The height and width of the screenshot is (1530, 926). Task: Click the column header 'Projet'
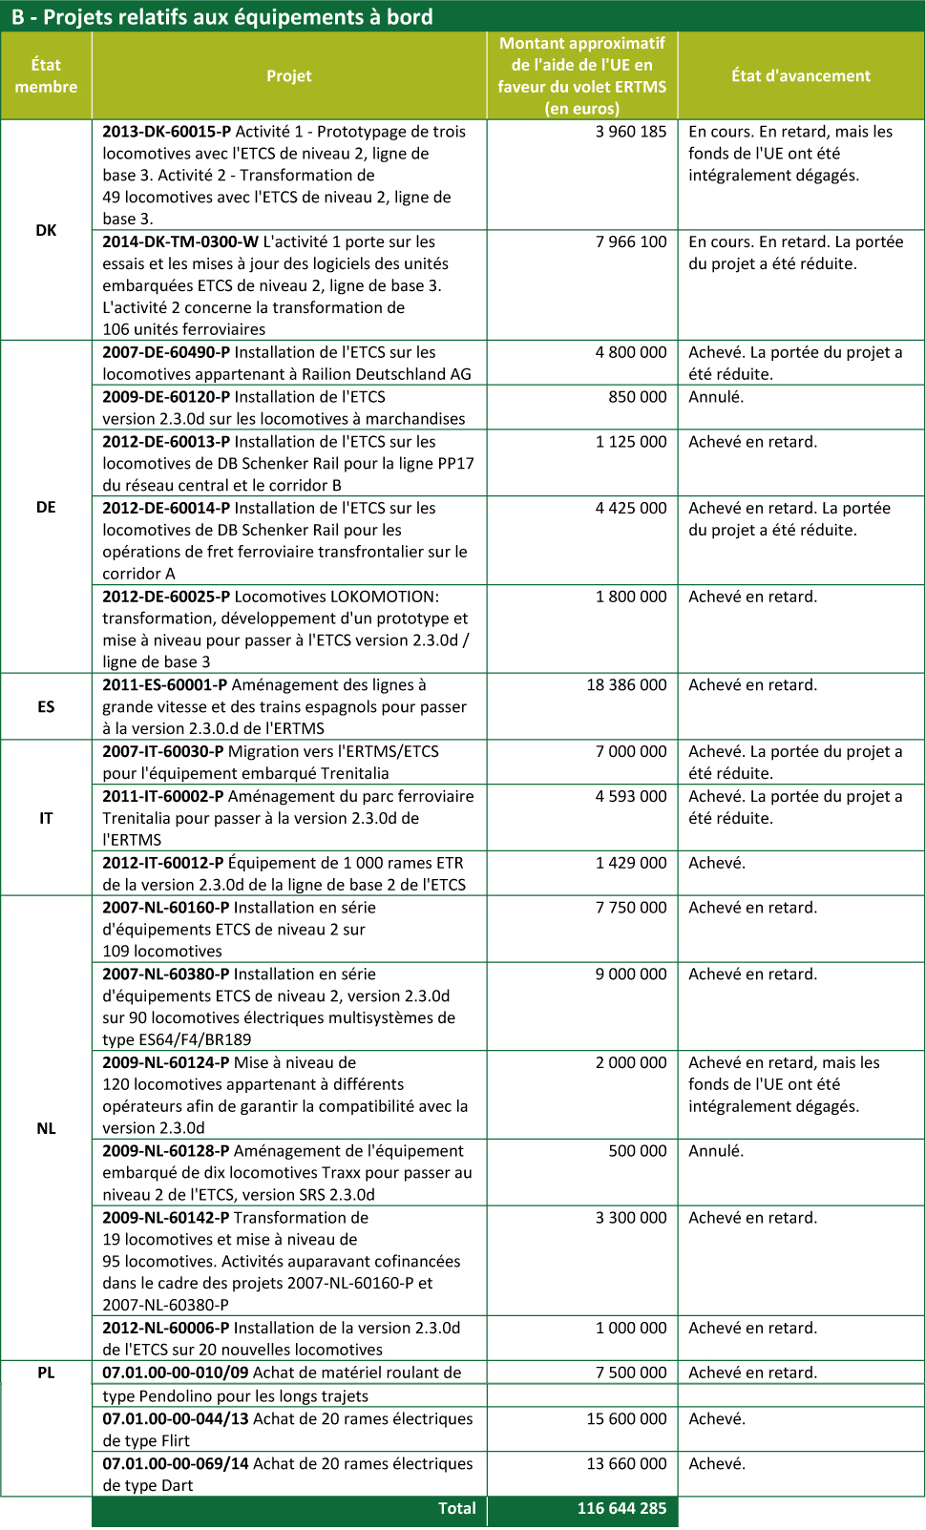click(289, 76)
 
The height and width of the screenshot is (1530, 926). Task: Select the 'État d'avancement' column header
click(801, 76)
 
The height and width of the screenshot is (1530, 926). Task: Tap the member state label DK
click(46, 230)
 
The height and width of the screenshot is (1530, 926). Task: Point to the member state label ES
click(46, 707)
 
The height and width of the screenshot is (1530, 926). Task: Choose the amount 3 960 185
click(631, 132)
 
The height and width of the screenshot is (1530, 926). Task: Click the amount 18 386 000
click(626, 685)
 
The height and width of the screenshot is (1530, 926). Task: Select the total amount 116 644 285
click(621, 1509)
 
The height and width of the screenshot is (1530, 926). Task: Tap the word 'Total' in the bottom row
click(456, 1509)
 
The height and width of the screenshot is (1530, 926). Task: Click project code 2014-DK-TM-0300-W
click(180, 242)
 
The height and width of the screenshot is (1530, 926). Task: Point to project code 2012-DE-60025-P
click(166, 597)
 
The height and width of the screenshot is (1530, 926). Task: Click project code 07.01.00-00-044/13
click(176, 1419)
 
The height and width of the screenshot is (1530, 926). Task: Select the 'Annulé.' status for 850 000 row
click(716, 397)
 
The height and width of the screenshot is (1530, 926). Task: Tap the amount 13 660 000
click(626, 1464)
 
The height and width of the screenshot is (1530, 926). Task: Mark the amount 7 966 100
click(631, 242)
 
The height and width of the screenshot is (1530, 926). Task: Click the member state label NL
click(46, 1129)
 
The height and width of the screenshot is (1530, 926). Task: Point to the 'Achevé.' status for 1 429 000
click(717, 863)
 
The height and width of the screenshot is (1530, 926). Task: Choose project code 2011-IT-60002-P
click(163, 797)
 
